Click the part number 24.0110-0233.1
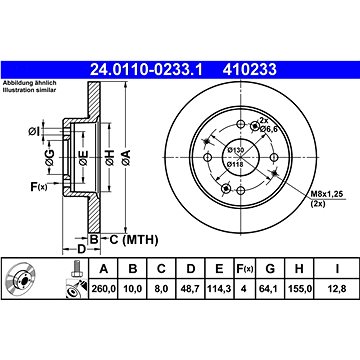pos(146,70)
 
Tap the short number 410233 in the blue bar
pos(250,70)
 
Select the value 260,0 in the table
pos(104,288)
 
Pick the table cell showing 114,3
pos(219,288)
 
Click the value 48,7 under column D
pos(190,288)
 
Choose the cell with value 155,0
pos(299,288)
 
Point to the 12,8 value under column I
pos(337,288)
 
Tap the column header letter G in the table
pos(270,269)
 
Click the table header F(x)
pos(245,269)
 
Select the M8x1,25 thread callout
pos(327,194)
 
